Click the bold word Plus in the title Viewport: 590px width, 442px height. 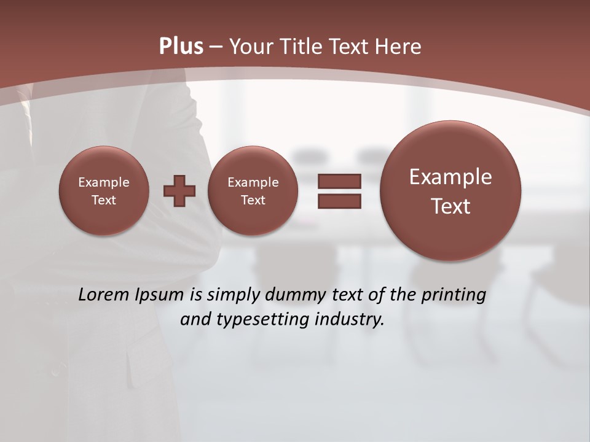coord(181,47)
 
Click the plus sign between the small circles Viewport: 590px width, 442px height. coord(179,190)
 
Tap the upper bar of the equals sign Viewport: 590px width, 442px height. coord(339,181)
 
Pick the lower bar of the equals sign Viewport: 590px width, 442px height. coord(339,201)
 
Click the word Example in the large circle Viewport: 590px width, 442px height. coord(450,177)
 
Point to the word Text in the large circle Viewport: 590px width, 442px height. coord(450,206)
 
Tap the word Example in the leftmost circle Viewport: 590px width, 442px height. coord(104,182)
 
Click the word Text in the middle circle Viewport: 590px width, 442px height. coord(253,200)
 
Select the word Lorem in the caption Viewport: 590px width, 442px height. coord(104,295)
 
